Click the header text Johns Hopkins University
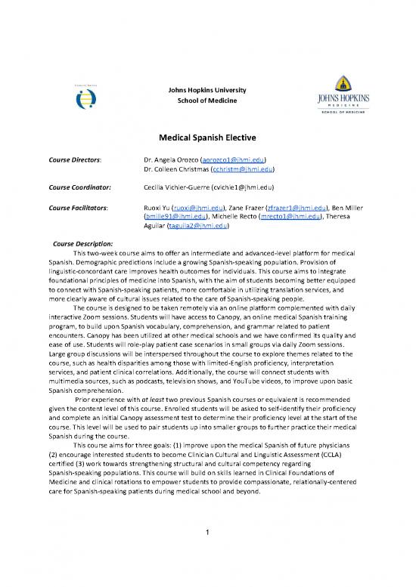(207, 91)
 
